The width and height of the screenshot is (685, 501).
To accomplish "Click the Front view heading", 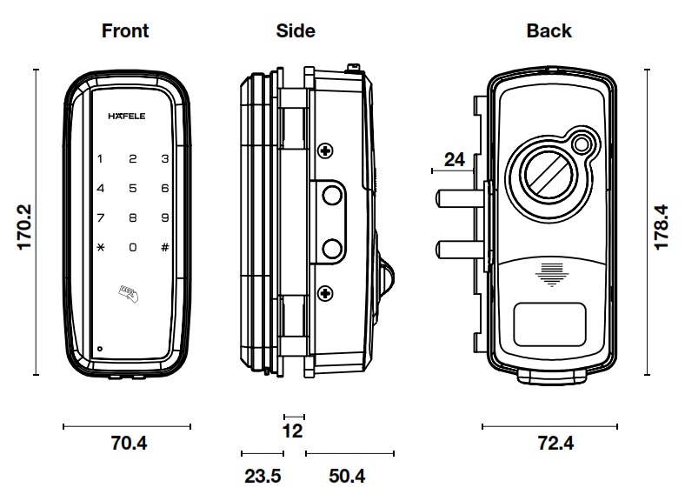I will pos(125,31).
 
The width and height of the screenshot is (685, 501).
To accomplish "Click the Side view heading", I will pos(296,31).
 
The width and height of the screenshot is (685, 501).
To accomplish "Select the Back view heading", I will pos(549,31).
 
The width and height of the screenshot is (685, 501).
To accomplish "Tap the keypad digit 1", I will pos(101,159).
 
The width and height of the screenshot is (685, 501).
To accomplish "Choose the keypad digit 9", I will pos(164,218).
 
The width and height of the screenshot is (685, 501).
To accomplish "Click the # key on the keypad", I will pos(164,248).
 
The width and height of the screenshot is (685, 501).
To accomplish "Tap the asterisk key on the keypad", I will pos(101,248).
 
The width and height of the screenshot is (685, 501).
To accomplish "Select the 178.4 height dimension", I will pos(662,228).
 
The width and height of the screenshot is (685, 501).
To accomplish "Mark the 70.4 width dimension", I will pos(129,444).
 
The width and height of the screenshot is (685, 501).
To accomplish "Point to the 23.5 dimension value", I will pos(262,476).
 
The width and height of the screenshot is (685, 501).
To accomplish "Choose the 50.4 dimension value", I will pos(348,476).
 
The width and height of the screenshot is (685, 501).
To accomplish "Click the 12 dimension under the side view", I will pos(293,431).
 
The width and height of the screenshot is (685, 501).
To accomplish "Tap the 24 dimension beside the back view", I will pos(454,159).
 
